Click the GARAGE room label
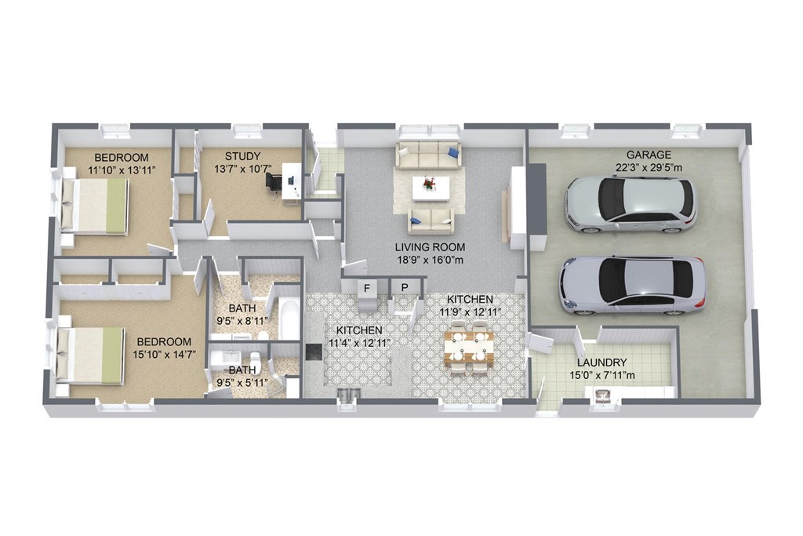tap(649, 155)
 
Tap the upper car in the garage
tap(630, 204)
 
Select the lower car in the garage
tap(632, 284)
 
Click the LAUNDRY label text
tap(601, 363)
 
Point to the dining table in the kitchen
tap(469, 346)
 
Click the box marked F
tap(366, 287)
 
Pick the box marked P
tap(405, 287)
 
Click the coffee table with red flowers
tap(430, 188)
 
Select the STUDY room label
tap(242, 156)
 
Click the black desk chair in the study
tap(274, 182)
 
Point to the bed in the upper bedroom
tap(95, 206)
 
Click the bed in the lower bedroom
tap(91, 355)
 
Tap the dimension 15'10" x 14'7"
tap(165, 355)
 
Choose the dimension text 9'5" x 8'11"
tap(242, 321)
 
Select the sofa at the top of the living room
tap(428, 155)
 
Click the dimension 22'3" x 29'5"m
tap(649, 167)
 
